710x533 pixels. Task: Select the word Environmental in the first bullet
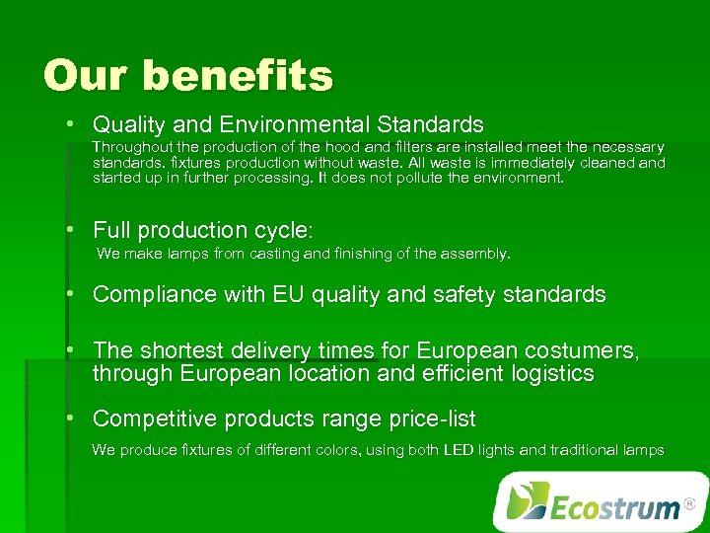295,125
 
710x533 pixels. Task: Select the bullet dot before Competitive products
71,418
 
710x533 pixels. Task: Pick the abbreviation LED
459,450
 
